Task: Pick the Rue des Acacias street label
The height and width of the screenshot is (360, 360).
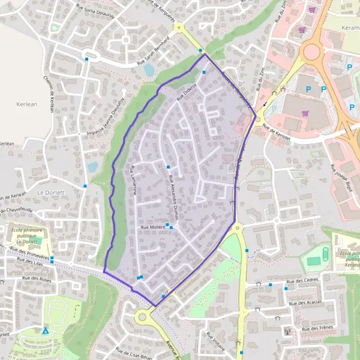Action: coord(305,302)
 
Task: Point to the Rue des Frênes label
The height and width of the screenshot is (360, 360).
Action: coord(318,329)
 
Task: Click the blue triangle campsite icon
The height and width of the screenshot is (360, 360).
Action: coord(45,330)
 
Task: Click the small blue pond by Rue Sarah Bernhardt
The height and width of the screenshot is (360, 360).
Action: coord(149,70)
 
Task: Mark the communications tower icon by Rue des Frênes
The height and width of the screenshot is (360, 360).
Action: coord(287,331)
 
